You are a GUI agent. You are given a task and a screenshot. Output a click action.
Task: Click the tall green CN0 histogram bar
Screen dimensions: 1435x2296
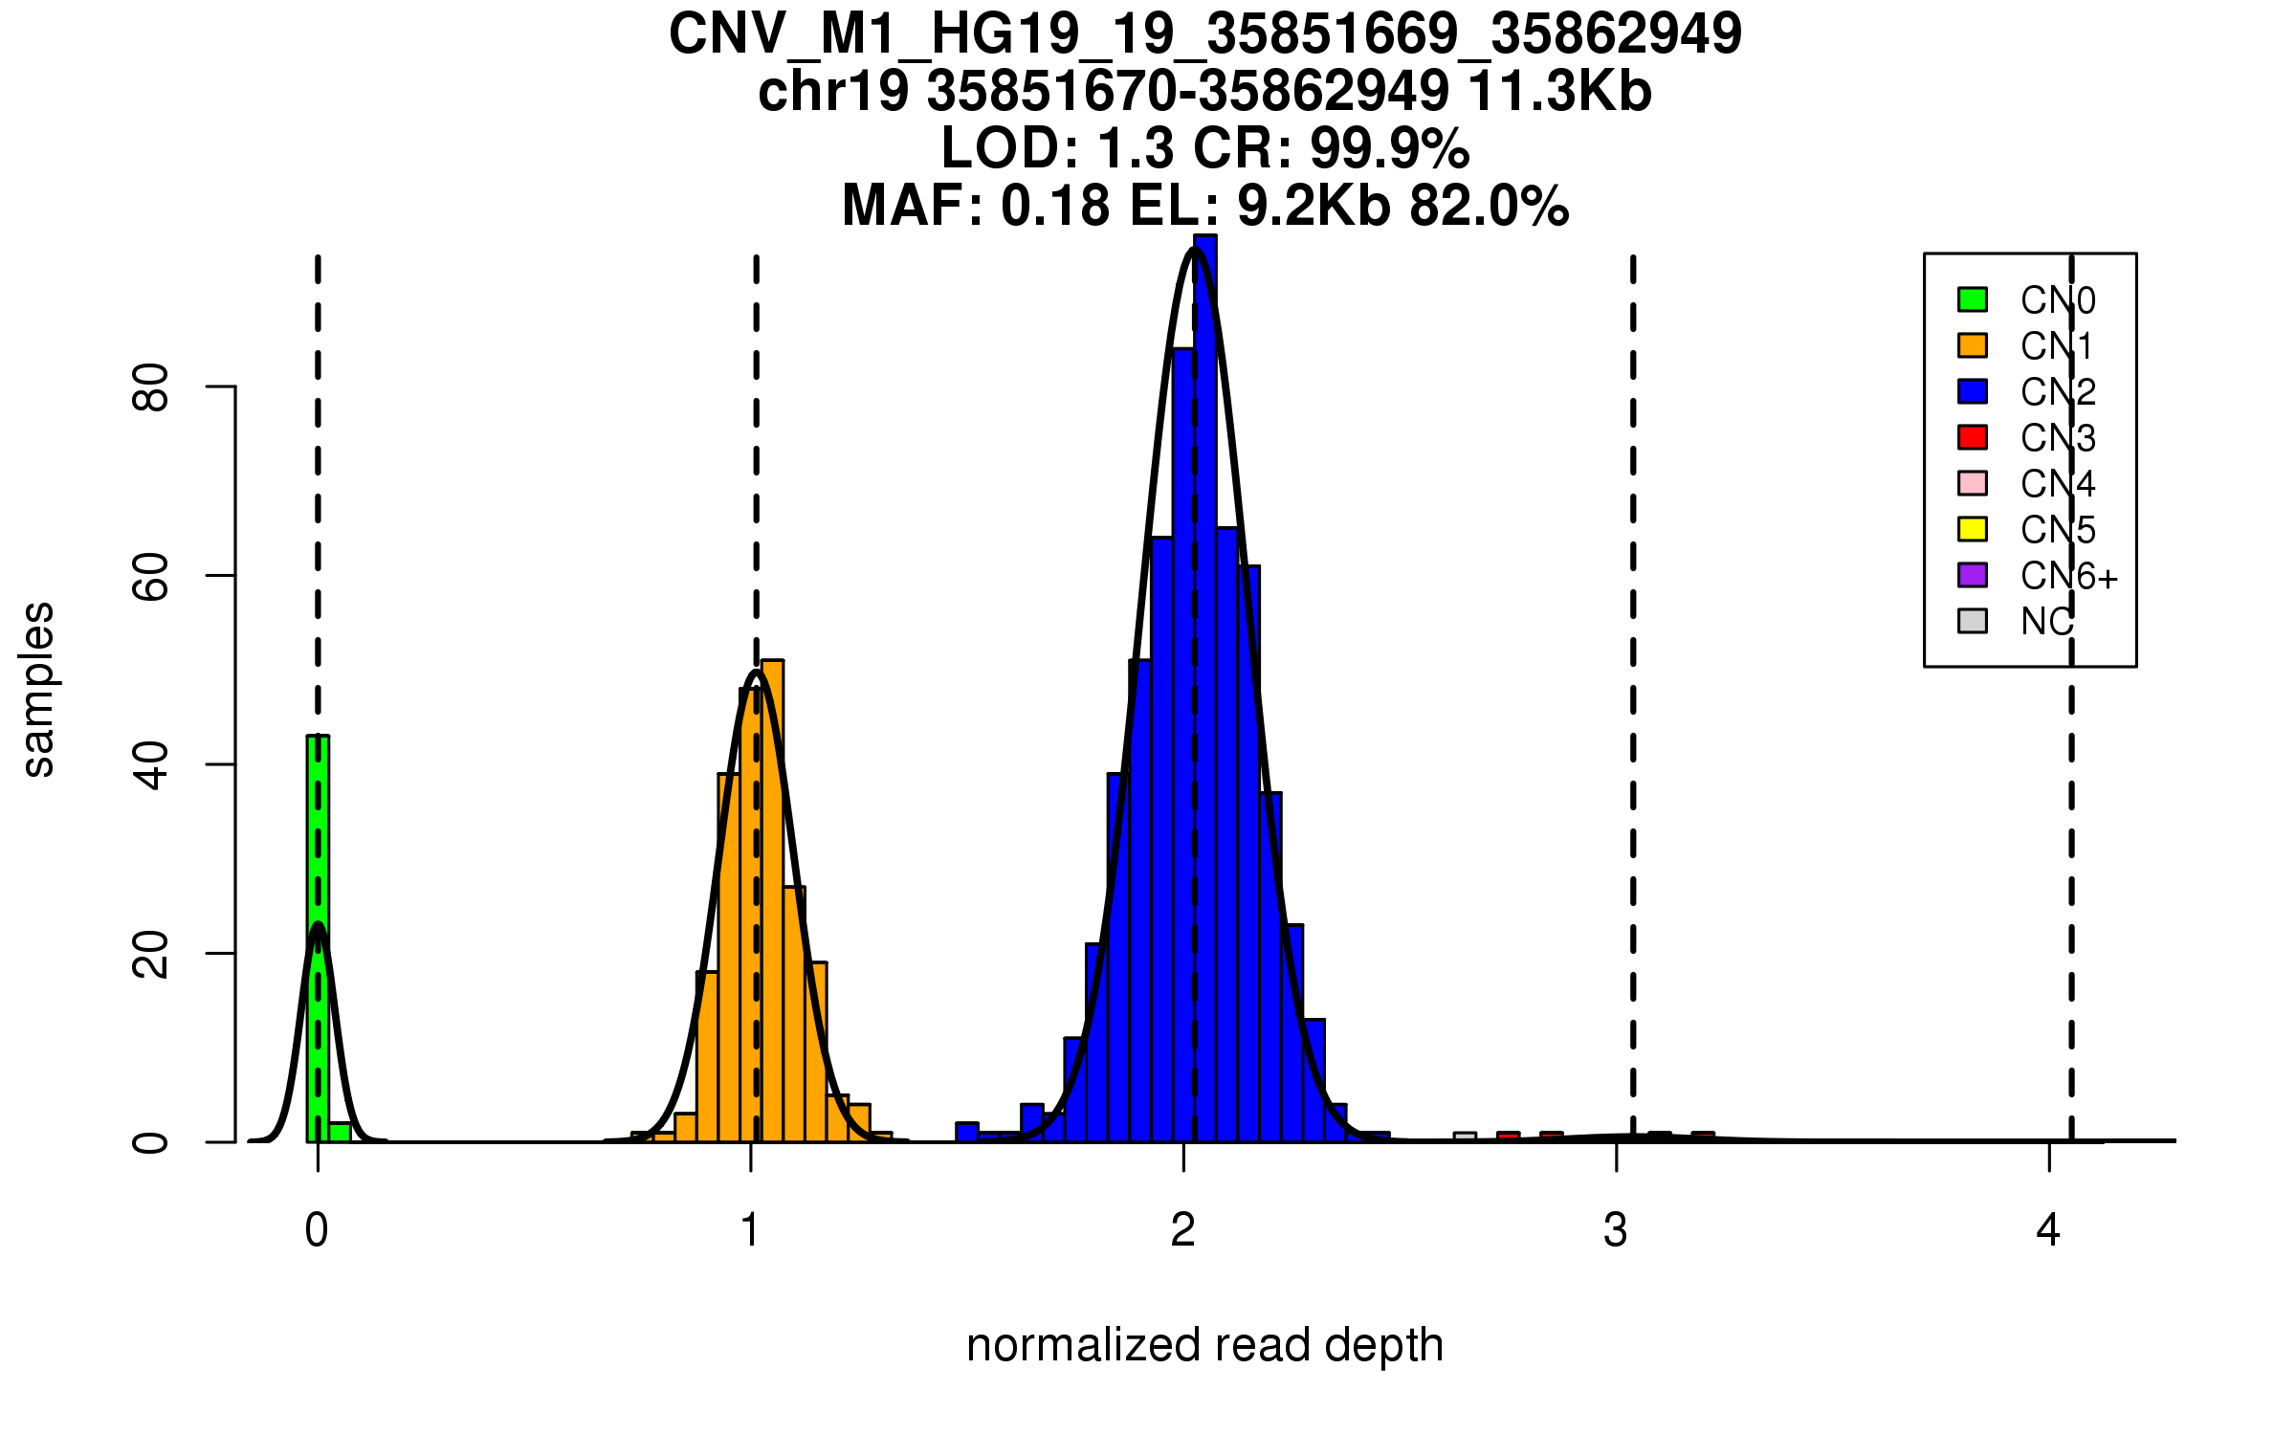pos(318,938)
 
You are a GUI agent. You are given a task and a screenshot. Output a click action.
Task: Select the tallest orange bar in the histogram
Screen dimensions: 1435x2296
pos(772,899)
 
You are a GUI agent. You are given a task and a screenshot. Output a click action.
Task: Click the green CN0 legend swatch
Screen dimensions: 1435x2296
pos(1973,299)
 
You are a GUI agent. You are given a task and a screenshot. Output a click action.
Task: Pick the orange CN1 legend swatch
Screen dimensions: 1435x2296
pos(1973,345)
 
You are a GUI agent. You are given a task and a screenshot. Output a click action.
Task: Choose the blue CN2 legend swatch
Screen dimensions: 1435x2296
pos(1973,391)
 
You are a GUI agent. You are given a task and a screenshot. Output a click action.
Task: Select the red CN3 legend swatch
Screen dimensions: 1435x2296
pos(1973,437)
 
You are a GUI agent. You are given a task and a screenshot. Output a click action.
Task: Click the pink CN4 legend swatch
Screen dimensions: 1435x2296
pos(1973,483)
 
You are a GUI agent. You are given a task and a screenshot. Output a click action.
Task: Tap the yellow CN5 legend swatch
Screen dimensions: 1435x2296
pos(1973,529)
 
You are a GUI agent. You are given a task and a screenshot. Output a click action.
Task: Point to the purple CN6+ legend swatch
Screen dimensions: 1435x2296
pos(1973,575)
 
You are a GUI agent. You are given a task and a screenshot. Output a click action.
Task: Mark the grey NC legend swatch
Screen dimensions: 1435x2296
pos(1973,621)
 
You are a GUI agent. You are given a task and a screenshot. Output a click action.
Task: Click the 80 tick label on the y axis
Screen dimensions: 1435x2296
pos(151,386)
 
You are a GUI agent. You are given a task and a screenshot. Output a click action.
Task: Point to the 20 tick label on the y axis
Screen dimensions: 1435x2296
pos(151,954)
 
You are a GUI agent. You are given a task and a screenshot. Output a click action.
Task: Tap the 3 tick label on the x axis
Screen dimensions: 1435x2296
pos(1616,1230)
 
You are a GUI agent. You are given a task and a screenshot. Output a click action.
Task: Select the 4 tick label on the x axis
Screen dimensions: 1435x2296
pos(2048,1230)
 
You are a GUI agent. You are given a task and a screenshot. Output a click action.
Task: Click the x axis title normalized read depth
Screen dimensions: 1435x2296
pos(1204,1345)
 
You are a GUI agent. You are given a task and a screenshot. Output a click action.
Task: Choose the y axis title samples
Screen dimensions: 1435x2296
pos(38,689)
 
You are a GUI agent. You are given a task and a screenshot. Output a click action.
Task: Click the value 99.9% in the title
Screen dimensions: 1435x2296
pos(1389,148)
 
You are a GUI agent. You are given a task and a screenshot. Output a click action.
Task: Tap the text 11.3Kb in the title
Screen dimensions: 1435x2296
pos(1559,92)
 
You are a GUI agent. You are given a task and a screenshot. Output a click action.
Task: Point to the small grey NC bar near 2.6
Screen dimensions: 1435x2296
pos(1465,1137)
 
